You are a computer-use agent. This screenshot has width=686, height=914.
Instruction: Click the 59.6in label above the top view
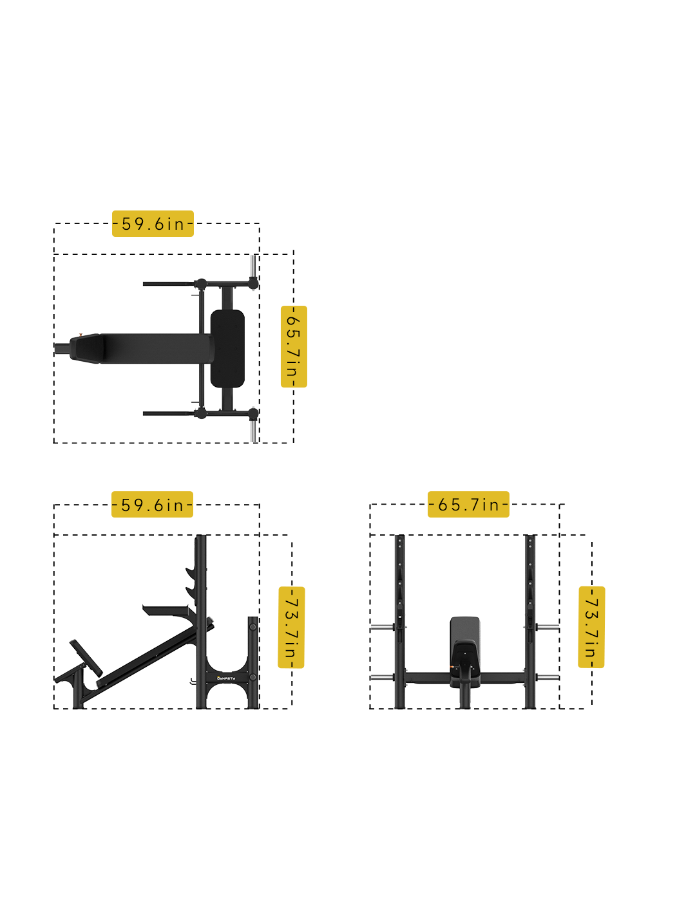[153, 223]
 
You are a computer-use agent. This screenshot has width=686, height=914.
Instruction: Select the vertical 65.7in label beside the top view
[294, 347]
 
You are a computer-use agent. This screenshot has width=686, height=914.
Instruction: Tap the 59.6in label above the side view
[153, 505]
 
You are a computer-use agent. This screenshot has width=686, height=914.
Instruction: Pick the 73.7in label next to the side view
[291, 628]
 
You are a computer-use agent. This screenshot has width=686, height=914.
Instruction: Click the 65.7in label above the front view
[468, 505]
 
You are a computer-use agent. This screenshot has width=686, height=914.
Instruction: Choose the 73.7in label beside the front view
[591, 628]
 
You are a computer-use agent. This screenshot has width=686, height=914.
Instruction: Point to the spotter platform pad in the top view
[227, 348]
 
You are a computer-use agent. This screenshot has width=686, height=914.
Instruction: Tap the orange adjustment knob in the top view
[81, 334]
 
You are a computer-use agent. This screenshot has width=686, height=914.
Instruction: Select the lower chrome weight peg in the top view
[254, 430]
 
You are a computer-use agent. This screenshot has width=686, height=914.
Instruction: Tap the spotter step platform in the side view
[166, 609]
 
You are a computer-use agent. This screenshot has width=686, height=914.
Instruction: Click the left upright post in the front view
[400, 621]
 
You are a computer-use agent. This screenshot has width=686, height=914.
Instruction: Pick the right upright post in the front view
[530, 621]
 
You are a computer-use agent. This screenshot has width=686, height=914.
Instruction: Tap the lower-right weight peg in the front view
[548, 678]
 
